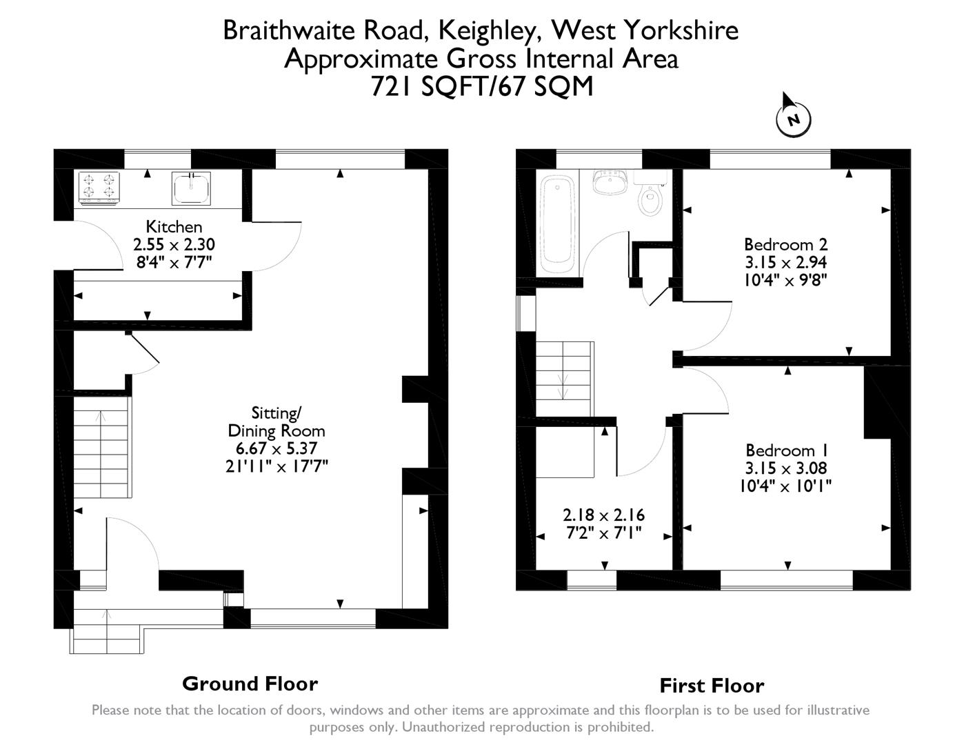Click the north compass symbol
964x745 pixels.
click(793, 119)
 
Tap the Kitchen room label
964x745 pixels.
click(174, 226)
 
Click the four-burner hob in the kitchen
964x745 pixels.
click(99, 188)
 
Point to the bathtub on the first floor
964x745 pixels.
click(558, 225)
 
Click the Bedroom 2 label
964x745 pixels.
click(785, 244)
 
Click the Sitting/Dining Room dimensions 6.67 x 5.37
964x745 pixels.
click(276, 448)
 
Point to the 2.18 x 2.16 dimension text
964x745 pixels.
click(603, 515)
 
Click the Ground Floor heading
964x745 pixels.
click(250, 684)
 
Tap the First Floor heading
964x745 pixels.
click(712, 686)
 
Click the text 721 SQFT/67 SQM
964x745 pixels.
click(481, 87)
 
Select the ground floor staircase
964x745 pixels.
click(102, 453)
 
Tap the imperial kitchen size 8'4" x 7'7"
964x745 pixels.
click(174, 261)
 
